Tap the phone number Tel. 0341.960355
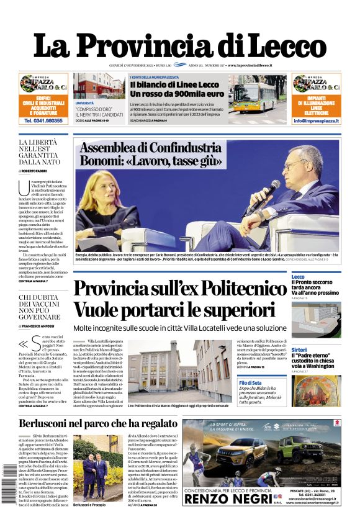(x=43, y=120)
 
